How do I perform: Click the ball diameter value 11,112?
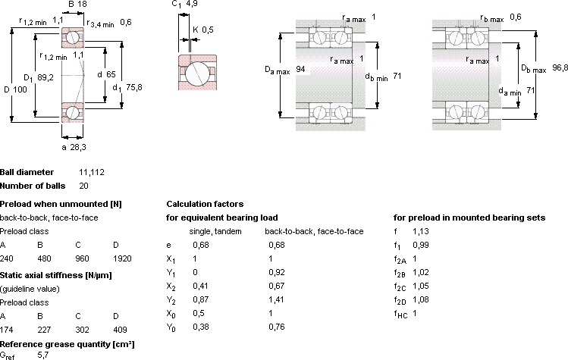coord(92,172)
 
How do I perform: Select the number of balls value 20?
coord(83,186)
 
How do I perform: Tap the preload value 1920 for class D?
coord(122,258)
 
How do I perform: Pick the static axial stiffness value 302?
coord(82,330)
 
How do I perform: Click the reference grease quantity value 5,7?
coord(43,355)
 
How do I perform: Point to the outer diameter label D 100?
coord(16,89)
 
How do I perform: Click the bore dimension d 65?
coord(106,74)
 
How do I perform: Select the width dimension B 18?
coord(77,4)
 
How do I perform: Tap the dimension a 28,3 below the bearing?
coord(74,147)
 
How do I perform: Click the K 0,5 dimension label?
coord(203,30)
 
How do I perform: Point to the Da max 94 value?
coord(300,69)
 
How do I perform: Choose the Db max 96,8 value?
coord(560,67)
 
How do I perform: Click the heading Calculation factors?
coord(205,204)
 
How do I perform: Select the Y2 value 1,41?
coord(276,299)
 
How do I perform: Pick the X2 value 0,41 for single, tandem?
coord(201,286)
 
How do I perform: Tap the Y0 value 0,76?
coord(277,327)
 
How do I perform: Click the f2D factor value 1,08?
coord(421,299)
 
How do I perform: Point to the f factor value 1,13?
coord(421,231)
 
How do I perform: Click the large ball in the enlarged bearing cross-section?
coord(197,74)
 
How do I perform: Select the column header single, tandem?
coord(215,231)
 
